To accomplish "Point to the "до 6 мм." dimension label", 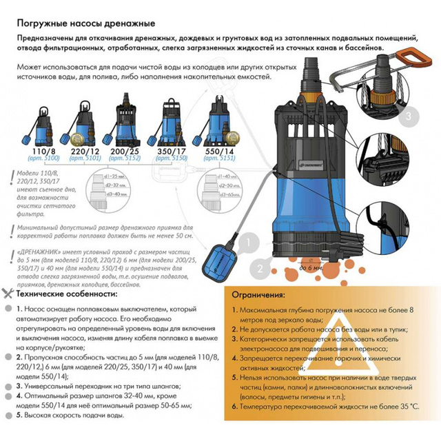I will [x=311, y=267].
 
